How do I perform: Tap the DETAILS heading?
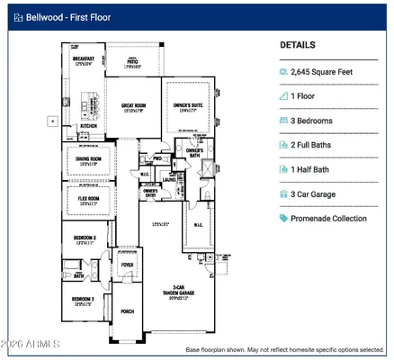click(297, 44)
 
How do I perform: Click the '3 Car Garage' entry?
click(319, 193)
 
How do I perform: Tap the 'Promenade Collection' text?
click(328, 218)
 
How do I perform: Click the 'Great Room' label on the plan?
click(134, 106)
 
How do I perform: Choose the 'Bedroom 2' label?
click(85, 238)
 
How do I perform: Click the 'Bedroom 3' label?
click(85, 300)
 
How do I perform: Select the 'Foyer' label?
click(127, 265)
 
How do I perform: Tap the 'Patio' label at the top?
click(133, 62)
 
